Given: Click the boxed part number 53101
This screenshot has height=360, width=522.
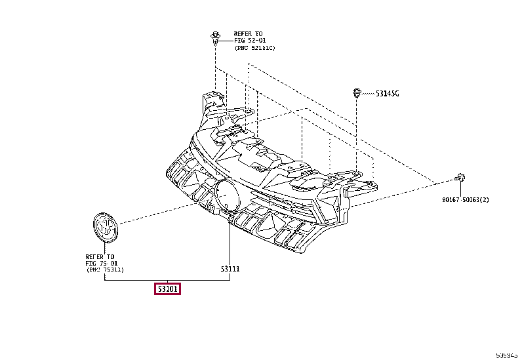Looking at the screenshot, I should click(167, 289).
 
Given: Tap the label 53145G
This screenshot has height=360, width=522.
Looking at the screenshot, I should click(387, 94).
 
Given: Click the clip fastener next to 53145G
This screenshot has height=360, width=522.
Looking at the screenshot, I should click(357, 92).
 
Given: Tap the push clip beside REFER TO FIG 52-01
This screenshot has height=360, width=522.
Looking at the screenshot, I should click(216, 35).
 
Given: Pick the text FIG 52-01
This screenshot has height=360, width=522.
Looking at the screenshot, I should click(249, 41).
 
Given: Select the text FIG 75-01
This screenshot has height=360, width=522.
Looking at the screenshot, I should click(100, 263).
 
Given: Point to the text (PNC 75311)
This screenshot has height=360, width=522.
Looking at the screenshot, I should click(105, 270).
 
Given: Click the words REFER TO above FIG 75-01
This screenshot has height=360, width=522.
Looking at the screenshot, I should click(100, 256).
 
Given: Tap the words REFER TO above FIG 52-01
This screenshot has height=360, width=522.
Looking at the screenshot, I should click(249, 33).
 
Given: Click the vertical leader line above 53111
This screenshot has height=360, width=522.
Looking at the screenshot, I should click(230, 243).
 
